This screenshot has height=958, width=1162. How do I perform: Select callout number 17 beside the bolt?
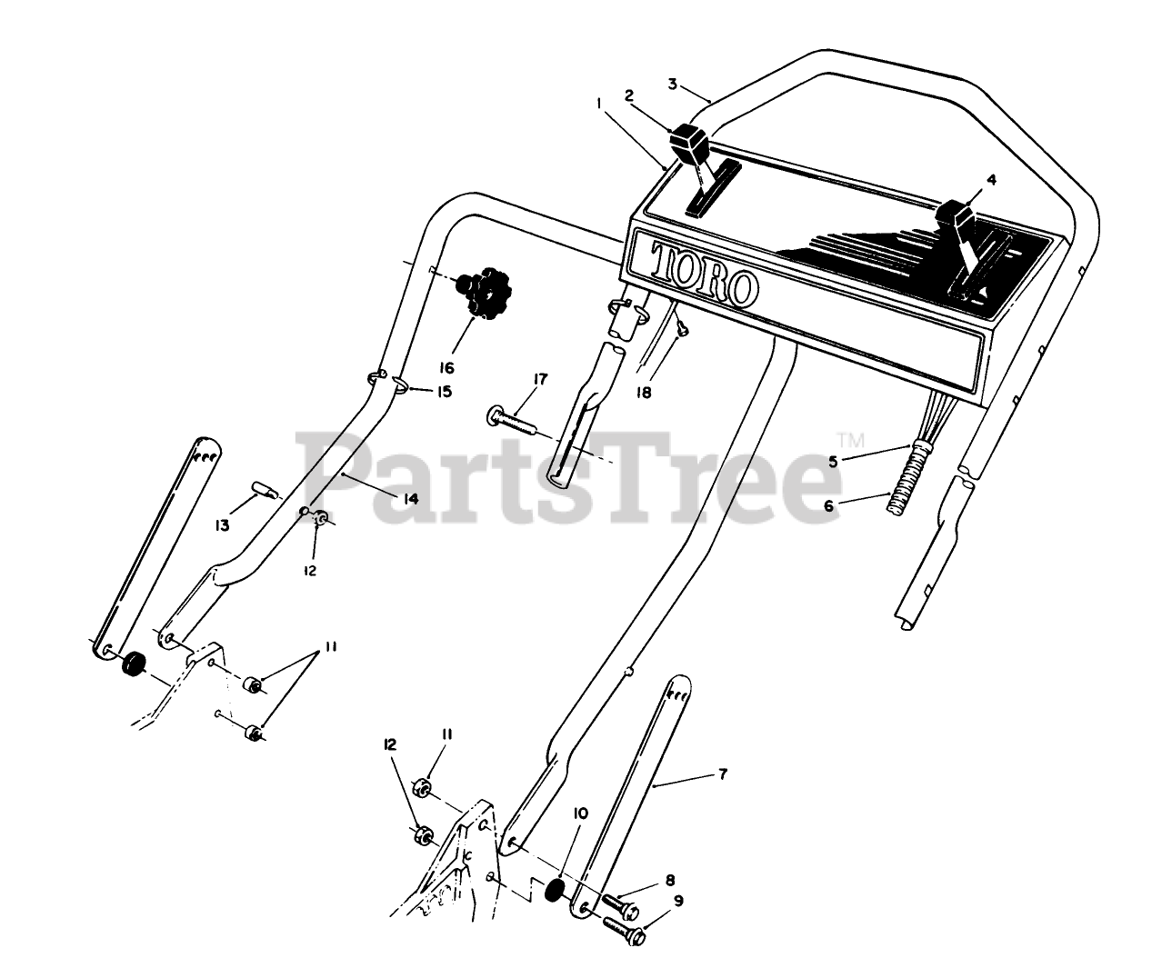pyautogui.click(x=540, y=379)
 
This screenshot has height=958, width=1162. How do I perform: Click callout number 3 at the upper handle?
pyautogui.click(x=673, y=85)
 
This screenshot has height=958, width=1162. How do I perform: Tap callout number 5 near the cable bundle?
pyautogui.click(x=834, y=461)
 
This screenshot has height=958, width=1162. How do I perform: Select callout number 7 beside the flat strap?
pyautogui.click(x=723, y=774)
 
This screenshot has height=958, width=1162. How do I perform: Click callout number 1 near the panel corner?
pyautogui.click(x=597, y=104)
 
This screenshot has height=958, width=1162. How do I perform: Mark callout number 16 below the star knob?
pyautogui.click(x=446, y=368)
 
